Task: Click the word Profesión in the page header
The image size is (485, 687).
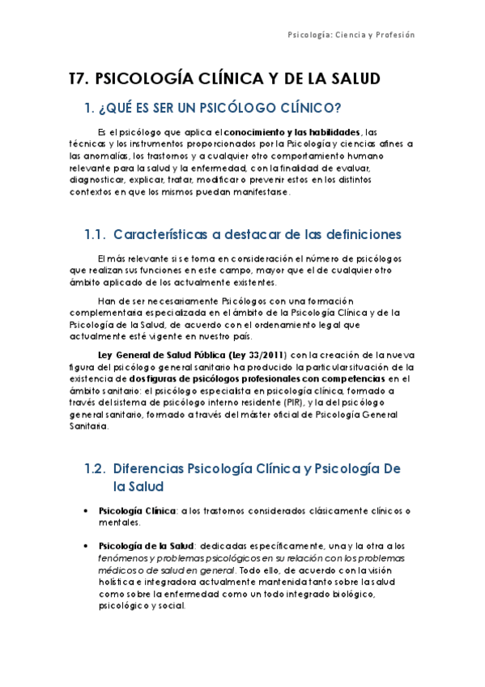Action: (x=394, y=35)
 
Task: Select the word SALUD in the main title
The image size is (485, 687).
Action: (x=351, y=79)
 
